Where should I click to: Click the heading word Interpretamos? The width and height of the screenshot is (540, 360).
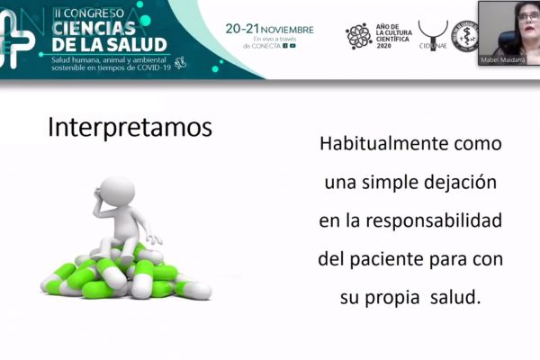tap(130, 127)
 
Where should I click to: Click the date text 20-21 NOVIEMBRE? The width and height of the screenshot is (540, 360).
tap(269, 29)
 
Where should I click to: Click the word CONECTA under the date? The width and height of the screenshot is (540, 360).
tap(265, 46)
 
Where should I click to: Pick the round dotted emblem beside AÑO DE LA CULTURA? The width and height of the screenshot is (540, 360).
tap(358, 36)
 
